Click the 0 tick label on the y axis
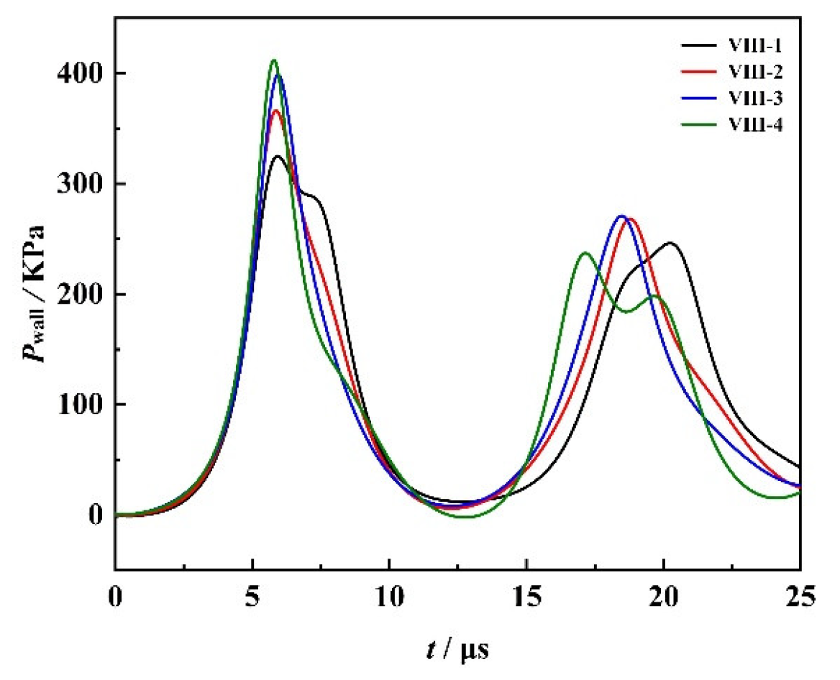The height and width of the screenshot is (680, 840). coord(94,515)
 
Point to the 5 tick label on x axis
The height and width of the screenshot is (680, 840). coord(252,596)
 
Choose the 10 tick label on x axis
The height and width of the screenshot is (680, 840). coord(389,596)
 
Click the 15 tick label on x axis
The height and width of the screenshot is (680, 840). coord(526,596)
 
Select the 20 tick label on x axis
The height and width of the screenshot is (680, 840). coord(663,596)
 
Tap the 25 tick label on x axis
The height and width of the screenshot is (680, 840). coord(800,596)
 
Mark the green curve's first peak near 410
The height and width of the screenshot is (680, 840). coord(273,60)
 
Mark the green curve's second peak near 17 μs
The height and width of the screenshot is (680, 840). coord(585,253)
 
